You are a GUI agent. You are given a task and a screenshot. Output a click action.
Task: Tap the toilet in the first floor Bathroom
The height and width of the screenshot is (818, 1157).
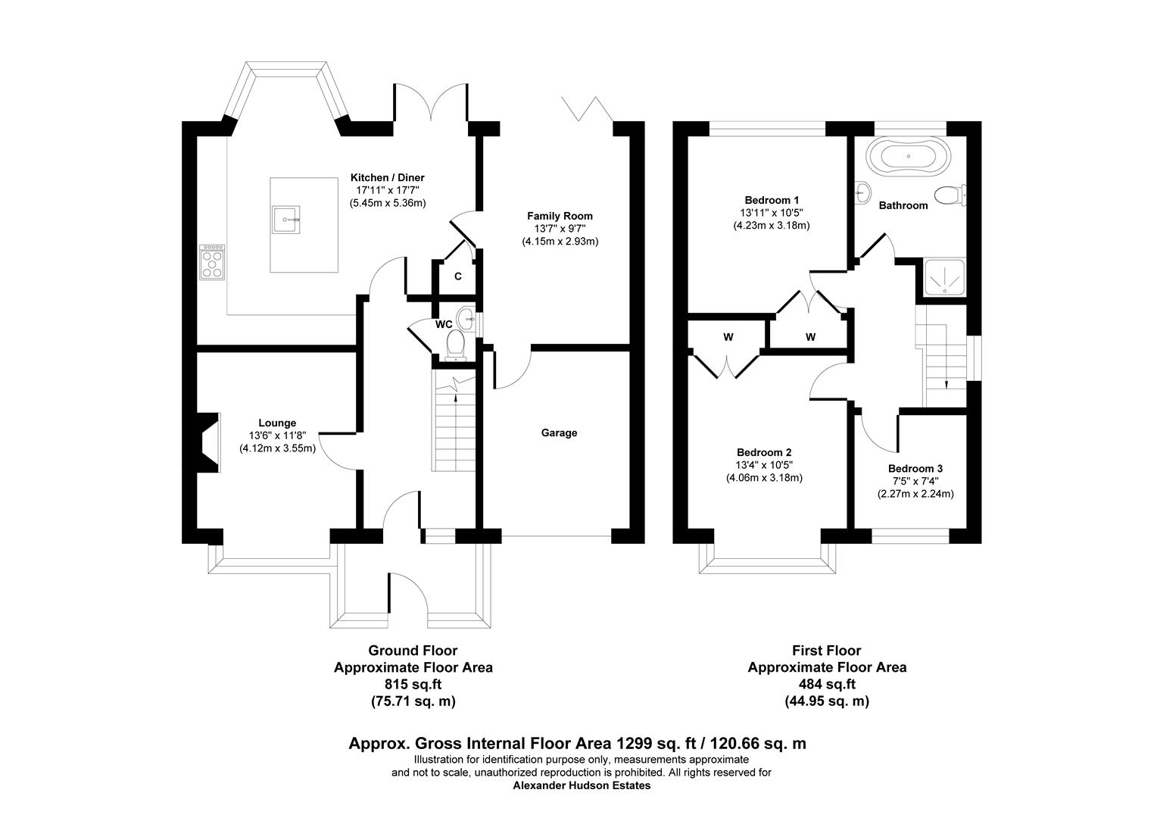[x=949, y=196]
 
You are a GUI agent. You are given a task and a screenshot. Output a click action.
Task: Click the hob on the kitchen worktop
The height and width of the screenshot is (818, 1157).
[x=212, y=262]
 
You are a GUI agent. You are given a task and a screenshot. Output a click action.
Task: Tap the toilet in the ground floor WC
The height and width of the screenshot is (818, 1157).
[x=455, y=345]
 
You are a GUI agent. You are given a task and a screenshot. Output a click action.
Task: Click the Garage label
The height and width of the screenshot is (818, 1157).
[x=559, y=433]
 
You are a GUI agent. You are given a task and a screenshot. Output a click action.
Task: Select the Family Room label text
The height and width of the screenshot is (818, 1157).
[x=560, y=216]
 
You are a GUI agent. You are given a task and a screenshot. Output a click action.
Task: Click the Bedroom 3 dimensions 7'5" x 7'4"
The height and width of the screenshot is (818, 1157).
[x=915, y=481]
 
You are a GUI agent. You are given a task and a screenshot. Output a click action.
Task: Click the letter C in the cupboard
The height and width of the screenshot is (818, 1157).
[x=457, y=276]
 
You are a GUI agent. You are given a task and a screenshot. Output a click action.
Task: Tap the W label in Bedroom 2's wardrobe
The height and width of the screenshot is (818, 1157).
[x=728, y=337]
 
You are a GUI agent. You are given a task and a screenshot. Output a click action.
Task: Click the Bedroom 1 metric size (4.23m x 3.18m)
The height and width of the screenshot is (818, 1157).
[x=772, y=225]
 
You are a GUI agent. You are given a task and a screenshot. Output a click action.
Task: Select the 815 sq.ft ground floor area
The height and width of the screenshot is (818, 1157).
[x=413, y=685]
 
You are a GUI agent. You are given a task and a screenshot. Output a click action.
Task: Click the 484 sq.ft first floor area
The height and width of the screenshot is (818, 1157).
[x=827, y=685]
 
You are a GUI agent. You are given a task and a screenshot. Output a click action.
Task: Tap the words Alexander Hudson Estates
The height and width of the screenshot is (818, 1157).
[x=581, y=785]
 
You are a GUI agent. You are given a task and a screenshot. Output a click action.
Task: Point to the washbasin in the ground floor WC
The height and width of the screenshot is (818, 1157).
[x=466, y=316]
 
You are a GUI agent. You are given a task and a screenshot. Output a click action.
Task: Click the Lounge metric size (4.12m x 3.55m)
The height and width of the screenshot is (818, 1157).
[x=277, y=448]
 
